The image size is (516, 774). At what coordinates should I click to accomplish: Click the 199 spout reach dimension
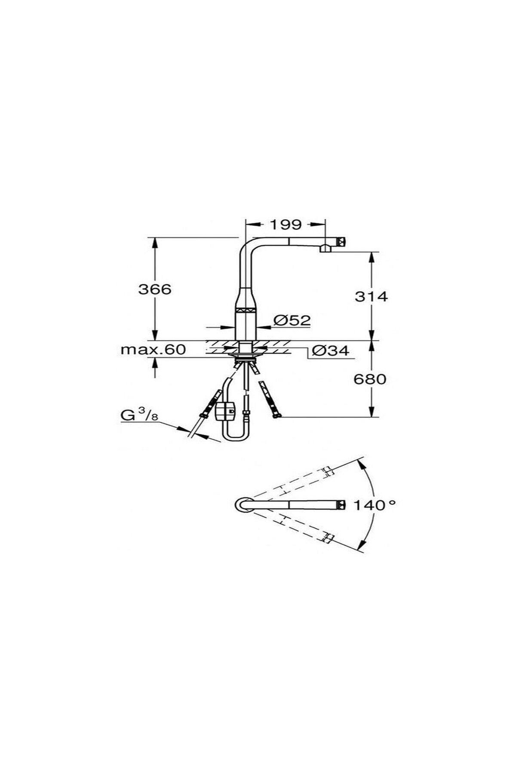click(x=285, y=224)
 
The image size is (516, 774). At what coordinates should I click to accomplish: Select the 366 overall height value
click(x=155, y=289)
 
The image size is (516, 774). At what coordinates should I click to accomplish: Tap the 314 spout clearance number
click(x=371, y=296)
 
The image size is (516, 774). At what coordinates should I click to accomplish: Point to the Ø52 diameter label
click(x=292, y=320)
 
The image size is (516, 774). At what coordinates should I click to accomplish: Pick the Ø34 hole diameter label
click(x=330, y=351)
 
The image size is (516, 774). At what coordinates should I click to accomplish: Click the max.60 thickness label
click(x=153, y=349)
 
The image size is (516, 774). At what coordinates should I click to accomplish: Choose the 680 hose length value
click(x=370, y=379)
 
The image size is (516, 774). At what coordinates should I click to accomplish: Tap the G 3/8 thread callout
click(x=139, y=416)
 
